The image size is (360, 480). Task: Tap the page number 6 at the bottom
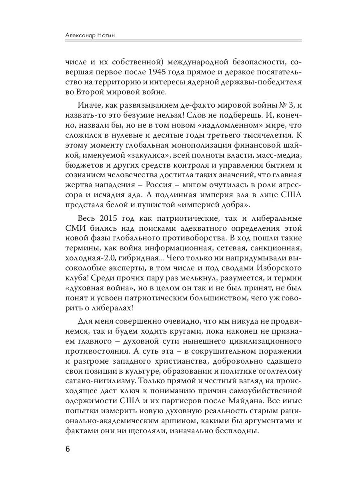point(68,449)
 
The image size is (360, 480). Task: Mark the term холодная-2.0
point(88,261)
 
